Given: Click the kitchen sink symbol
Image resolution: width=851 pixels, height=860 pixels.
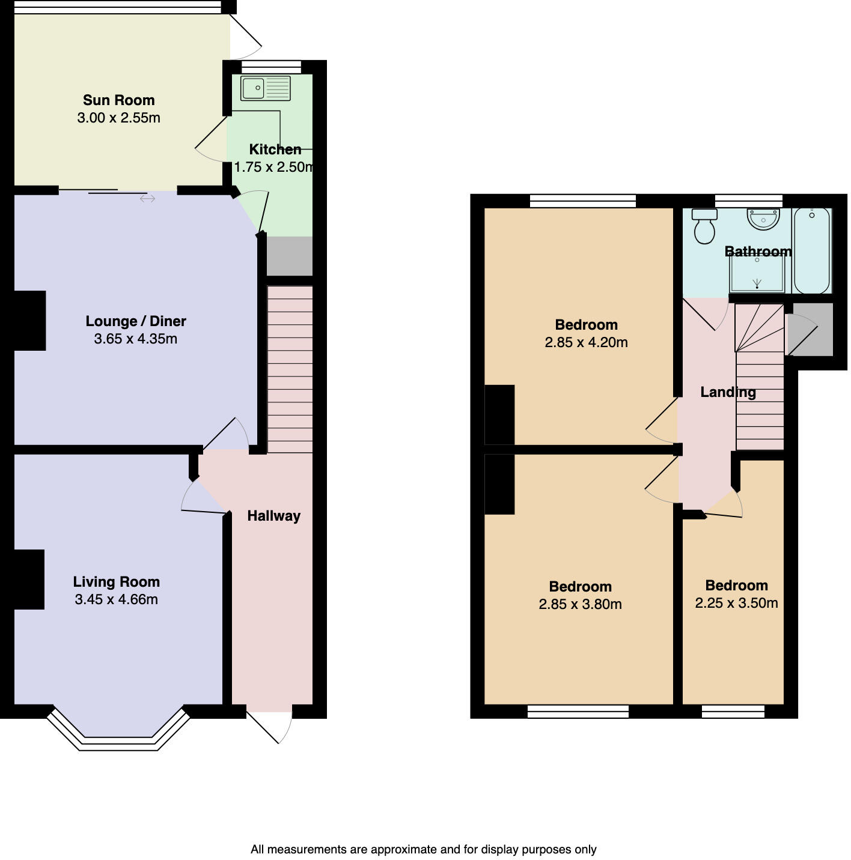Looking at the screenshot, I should click(x=265, y=88).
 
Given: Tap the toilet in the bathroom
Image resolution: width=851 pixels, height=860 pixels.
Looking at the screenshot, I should click(x=704, y=226).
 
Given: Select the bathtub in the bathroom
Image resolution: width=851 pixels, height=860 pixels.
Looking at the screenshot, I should click(x=811, y=250).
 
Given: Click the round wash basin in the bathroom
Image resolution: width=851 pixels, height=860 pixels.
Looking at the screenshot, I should click(x=763, y=219).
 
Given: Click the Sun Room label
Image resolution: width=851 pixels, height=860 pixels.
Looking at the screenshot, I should click(x=118, y=100).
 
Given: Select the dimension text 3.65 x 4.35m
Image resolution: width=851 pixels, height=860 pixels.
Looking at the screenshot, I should click(x=135, y=339).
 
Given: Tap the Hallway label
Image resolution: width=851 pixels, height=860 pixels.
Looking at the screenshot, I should click(x=273, y=516).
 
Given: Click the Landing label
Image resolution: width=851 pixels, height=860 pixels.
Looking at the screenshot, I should click(x=728, y=392).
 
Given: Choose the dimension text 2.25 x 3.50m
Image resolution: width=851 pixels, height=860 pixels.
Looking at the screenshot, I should click(x=736, y=603).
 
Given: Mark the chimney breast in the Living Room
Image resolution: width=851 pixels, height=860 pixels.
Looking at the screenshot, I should click(x=29, y=580).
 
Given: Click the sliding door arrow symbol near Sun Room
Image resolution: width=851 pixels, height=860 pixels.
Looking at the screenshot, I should click(x=147, y=199).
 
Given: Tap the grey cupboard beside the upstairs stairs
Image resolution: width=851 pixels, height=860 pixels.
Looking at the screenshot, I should click(x=811, y=329).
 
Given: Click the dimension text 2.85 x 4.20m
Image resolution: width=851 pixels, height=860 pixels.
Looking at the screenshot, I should click(x=586, y=342).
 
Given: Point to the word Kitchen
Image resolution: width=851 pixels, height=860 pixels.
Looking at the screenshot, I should click(x=275, y=150).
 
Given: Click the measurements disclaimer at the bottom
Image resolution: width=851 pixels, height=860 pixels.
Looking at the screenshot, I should click(x=423, y=849).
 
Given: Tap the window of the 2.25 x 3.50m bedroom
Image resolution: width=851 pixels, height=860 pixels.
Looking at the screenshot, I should click(x=733, y=712).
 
